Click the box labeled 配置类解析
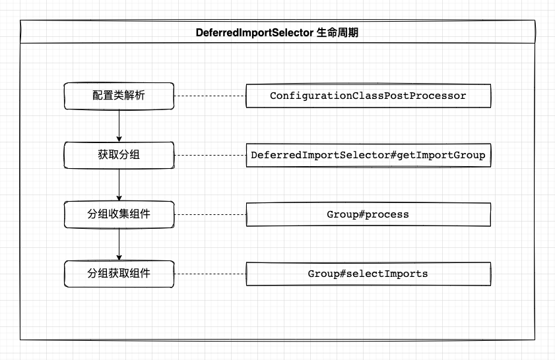(119, 96)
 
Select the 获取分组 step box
(119, 156)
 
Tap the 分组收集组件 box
(119, 214)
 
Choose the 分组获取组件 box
(119, 273)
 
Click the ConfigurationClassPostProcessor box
(368, 96)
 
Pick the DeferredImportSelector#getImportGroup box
(368, 156)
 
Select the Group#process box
(368, 214)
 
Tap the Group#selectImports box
(368, 273)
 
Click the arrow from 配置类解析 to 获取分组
(119, 125)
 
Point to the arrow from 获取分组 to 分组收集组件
(119, 185)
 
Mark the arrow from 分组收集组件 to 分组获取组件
(119, 243)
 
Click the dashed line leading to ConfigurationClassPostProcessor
(210, 96)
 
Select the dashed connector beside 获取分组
(210, 156)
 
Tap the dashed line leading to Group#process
(210, 214)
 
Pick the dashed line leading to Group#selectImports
(210, 273)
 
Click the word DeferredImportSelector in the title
(254, 32)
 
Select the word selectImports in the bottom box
(384, 273)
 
